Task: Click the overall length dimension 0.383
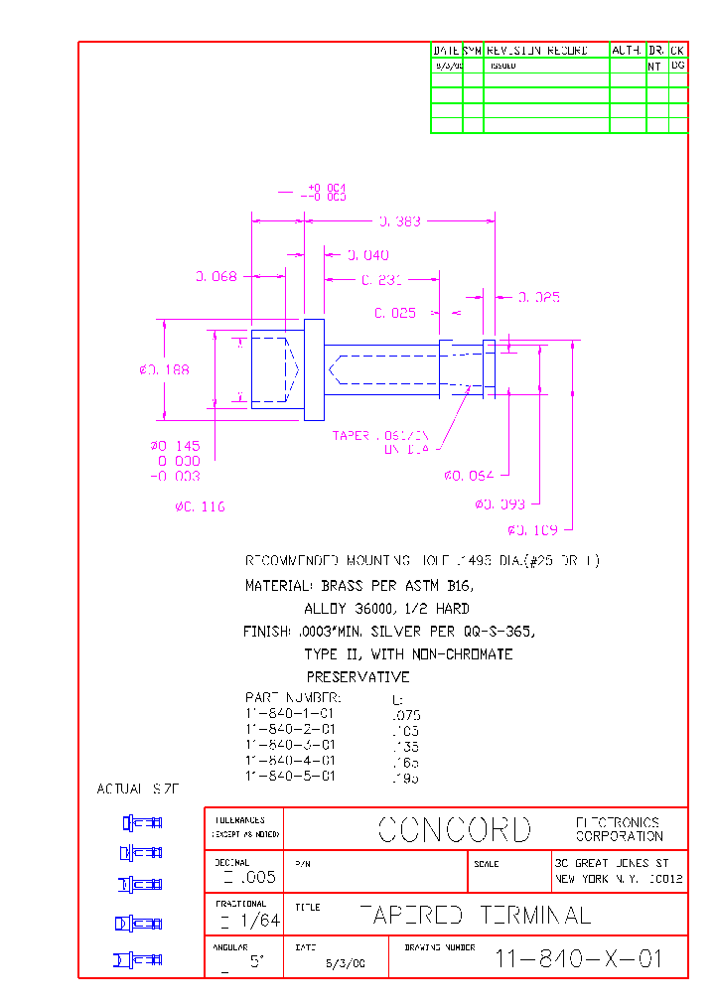400,221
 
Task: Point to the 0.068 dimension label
215,277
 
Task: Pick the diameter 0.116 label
200,506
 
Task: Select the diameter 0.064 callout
469,476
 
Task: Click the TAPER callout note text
380,442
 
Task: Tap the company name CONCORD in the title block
455,829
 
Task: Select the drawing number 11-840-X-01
578,959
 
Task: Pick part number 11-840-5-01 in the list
290,776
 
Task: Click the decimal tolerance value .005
248,878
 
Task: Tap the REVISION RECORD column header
537,50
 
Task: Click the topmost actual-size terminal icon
142,822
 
